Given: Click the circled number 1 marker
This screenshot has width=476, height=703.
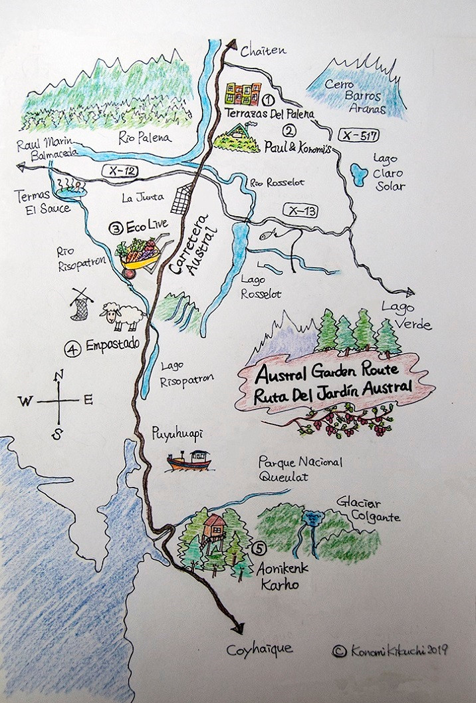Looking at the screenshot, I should coord(269,100).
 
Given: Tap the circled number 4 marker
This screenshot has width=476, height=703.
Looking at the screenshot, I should coord(72,346).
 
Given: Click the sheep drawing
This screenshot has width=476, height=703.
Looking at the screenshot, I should coord(123,317).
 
